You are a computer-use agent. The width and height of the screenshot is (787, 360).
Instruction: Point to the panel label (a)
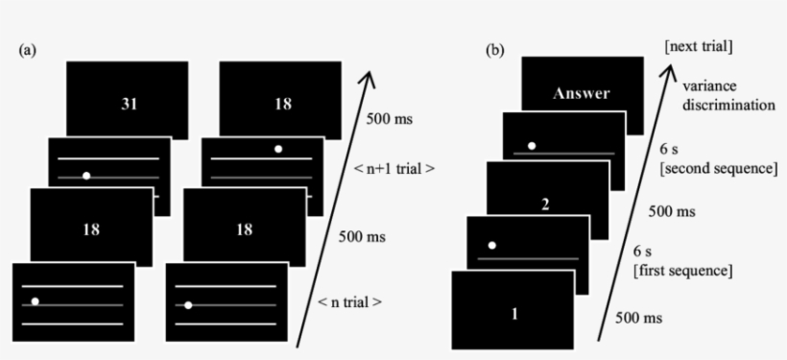pyautogui.click(x=29, y=50)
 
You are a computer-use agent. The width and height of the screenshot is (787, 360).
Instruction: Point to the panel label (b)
pyautogui.click(x=495, y=50)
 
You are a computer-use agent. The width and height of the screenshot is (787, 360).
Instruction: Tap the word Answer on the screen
pyautogui.click(x=582, y=94)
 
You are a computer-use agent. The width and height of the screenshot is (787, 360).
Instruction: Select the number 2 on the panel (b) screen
pyautogui.click(x=546, y=204)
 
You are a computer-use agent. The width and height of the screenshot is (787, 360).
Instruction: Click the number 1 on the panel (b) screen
pyautogui.click(x=514, y=313)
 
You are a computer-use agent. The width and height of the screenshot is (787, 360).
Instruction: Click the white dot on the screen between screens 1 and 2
pyautogui.click(x=492, y=245)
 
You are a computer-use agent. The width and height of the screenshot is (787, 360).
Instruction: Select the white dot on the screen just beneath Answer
pyautogui.click(x=532, y=146)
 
